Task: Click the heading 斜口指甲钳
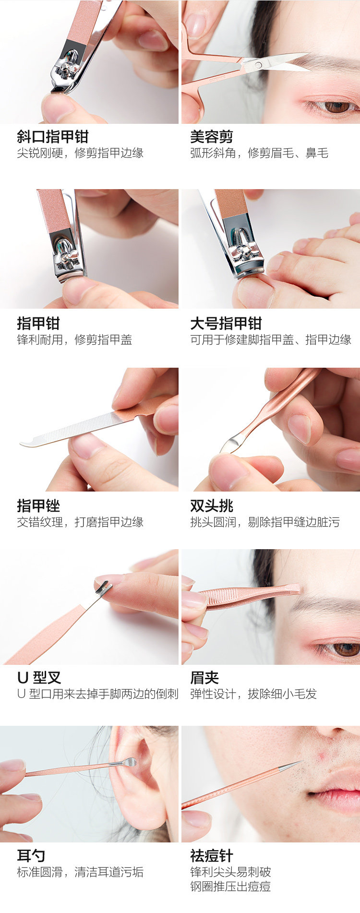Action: pyautogui.click(x=53, y=137)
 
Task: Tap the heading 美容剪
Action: pyautogui.click(x=212, y=137)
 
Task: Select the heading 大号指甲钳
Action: pyautogui.click(x=226, y=324)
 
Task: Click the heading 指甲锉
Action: pyautogui.click(x=38, y=506)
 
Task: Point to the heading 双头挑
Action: pyautogui.click(x=212, y=506)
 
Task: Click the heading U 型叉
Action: pyautogui.click(x=39, y=678)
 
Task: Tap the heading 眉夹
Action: pyautogui.click(x=204, y=678)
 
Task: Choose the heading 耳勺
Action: pyautogui.click(x=31, y=855)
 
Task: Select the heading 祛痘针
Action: pyautogui.click(x=212, y=855)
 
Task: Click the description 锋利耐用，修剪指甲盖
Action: pyautogui.click(x=74, y=340)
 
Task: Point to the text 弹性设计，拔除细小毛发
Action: pyautogui.click(x=253, y=694)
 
